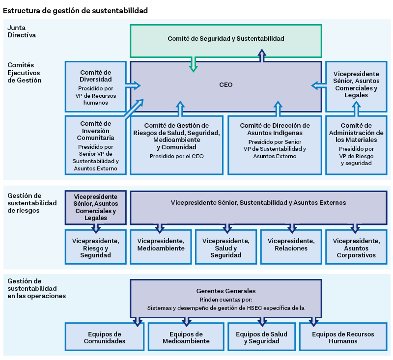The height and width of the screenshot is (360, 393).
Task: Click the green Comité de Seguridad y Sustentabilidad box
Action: click(x=226, y=41)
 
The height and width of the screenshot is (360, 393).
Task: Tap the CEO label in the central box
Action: click(x=226, y=85)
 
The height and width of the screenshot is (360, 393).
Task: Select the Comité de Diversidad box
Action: click(x=95, y=86)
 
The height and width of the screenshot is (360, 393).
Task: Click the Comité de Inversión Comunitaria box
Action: click(x=95, y=145)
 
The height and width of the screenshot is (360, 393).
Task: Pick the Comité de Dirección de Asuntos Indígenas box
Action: click(x=275, y=145)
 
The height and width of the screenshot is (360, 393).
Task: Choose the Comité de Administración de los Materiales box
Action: click(x=356, y=145)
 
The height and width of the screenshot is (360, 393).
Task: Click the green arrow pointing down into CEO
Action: click(x=193, y=65)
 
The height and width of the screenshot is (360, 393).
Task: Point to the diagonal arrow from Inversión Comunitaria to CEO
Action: click(x=134, y=109)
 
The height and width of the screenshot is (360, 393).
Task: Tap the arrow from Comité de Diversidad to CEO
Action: click(x=133, y=85)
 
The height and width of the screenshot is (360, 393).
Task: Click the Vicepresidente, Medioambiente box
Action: click(x=161, y=247)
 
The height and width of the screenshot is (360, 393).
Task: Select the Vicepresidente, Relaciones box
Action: click(x=291, y=247)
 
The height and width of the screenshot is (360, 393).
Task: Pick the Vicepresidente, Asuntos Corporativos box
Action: click(x=356, y=247)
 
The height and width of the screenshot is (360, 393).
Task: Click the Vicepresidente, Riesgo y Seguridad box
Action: click(x=95, y=247)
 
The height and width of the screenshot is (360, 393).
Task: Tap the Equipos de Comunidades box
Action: click(x=105, y=336)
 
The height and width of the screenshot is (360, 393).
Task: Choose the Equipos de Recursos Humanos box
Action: click(x=343, y=336)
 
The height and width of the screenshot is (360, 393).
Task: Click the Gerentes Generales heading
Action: click(x=226, y=291)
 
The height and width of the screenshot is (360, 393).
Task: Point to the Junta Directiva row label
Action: click(x=22, y=31)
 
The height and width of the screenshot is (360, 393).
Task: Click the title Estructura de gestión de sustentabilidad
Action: click(x=75, y=10)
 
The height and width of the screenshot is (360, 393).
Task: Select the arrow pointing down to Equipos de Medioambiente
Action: click(x=187, y=321)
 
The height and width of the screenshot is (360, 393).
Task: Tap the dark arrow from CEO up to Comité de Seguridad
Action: click(x=262, y=55)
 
